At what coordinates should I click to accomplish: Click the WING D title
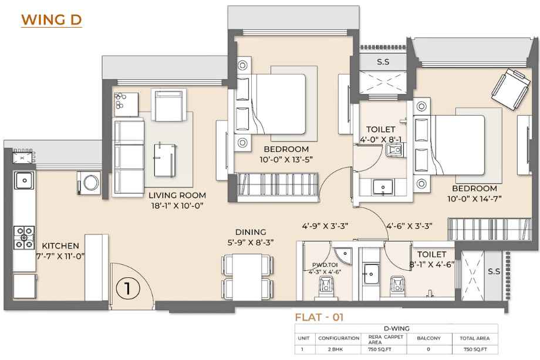tap(52, 20)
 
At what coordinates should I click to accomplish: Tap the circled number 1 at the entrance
tap(128, 288)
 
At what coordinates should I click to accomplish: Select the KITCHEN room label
tap(60, 245)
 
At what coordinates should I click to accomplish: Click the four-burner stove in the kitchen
tap(24, 237)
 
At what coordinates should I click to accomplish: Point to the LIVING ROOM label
tap(177, 196)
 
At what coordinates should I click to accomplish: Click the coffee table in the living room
tap(166, 160)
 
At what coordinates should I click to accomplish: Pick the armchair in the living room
tap(169, 105)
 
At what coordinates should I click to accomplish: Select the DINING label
tap(251, 232)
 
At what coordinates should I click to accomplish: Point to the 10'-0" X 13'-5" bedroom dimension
tap(286, 160)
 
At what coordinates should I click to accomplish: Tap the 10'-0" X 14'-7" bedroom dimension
tap(474, 198)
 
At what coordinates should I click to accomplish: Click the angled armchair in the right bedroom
tap(511, 89)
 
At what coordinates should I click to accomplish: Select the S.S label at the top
tap(383, 62)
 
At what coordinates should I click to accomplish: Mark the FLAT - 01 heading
tap(319, 317)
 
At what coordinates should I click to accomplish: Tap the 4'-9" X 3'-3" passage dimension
tap(325, 226)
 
